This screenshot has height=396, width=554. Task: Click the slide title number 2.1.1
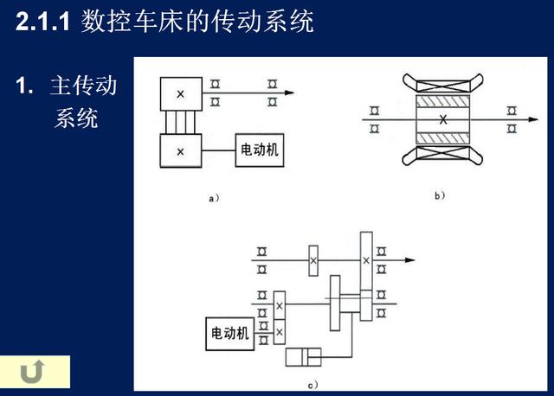point(42,22)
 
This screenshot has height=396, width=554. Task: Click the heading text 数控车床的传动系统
point(197,22)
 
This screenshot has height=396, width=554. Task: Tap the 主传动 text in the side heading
point(83,86)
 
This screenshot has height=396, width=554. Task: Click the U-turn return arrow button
point(32,372)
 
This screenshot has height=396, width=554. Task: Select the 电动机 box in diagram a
point(260,150)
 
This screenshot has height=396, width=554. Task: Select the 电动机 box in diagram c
point(229,334)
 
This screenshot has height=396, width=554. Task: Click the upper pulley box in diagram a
point(181,94)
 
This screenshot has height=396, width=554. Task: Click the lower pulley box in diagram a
point(181,150)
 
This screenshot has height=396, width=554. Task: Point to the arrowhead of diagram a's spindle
point(290,93)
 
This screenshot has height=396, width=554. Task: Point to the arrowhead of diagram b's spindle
point(533,119)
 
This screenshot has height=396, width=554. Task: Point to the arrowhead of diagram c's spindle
point(410,260)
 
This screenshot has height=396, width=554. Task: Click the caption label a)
point(214,198)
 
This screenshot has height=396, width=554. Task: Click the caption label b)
point(440,195)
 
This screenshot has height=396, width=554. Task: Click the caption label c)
point(312,385)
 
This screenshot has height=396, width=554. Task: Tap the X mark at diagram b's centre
point(443,119)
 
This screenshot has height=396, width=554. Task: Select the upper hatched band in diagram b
point(443,101)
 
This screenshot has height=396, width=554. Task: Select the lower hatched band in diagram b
point(443,138)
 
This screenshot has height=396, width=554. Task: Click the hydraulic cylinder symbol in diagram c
point(304,357)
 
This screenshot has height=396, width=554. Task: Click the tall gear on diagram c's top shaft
point(366,261)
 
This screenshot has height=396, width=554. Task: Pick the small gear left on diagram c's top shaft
point(313,260)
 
